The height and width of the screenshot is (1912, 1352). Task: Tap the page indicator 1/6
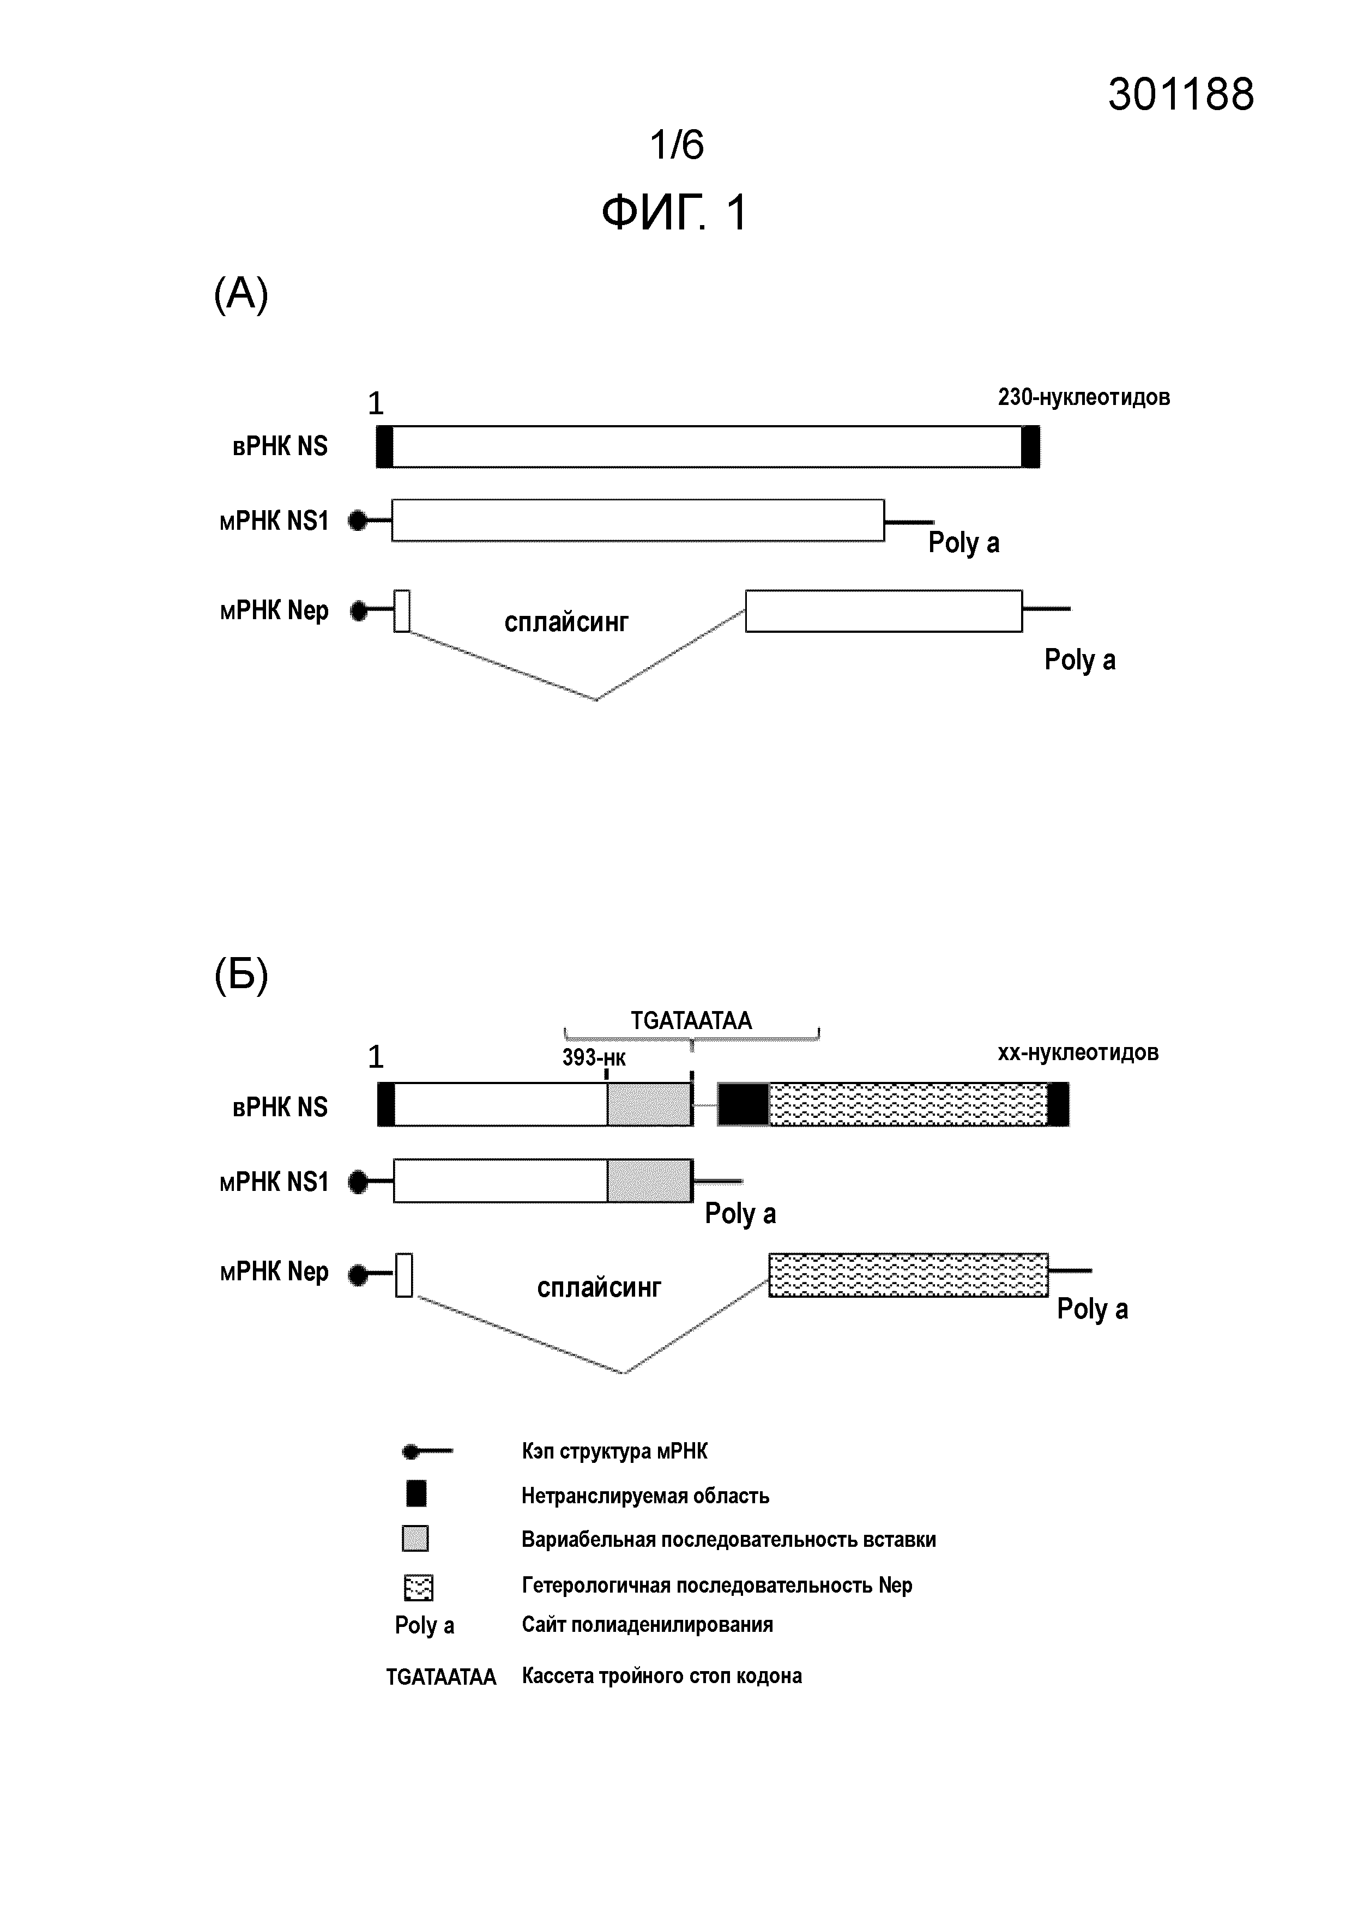[x=677, y=145]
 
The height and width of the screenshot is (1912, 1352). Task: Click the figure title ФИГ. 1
[x=675, y=213]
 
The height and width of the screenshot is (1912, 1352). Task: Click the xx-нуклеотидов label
[x=1078, y=1052]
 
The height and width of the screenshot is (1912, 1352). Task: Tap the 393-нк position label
[x=593, y=1057]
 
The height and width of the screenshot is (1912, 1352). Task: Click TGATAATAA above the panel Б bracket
[x=691, y=1020]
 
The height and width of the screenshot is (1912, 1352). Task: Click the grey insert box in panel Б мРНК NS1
[x=649, y=1181]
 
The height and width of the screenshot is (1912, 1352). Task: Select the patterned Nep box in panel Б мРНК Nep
[x=908, y=1274]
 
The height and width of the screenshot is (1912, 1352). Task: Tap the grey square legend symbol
[x=415, y=1539]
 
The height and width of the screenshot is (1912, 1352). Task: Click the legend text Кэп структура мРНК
[x=615, y=1451]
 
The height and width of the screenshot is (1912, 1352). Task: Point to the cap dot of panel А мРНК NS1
[x=358, y=521]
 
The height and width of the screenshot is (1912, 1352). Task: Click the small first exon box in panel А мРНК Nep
[x=402, y=610]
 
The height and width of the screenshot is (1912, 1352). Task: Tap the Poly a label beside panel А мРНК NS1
[x=964, y=543]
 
